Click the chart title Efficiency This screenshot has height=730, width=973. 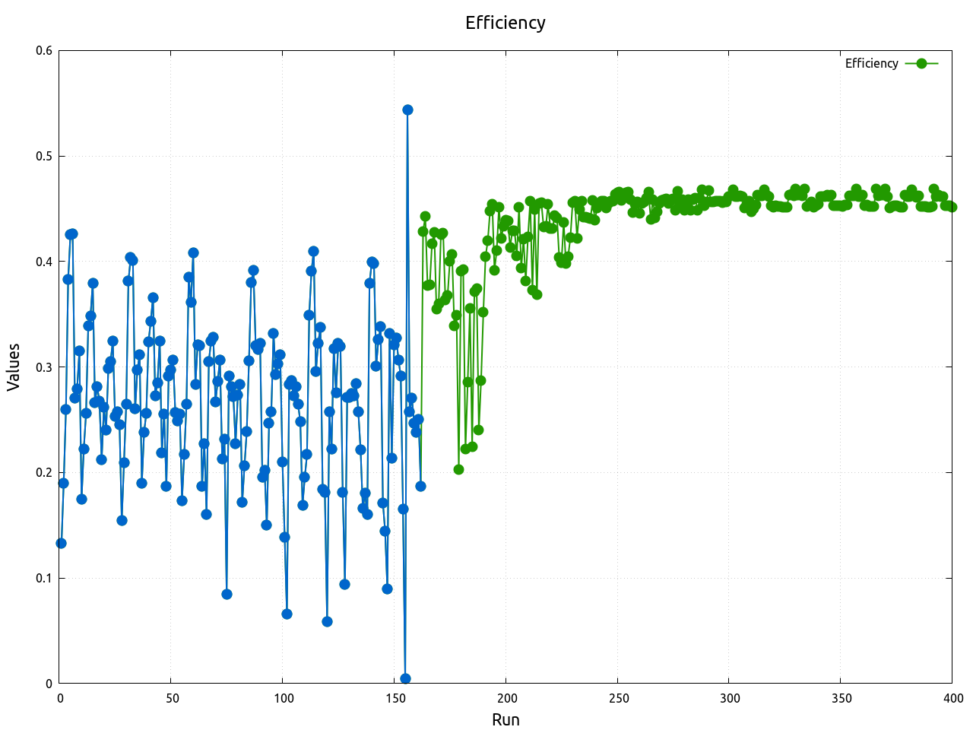pyautogui.click(x=506, y=23)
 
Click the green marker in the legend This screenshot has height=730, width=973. pyautogui.click(x=921, y=63)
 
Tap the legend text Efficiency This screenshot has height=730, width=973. pyautogui.click(x=871, y=63)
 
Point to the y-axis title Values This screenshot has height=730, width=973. pyautogui.click(x=14, y=367)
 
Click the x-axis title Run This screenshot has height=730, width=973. pyautogui.click(x=506, y=719)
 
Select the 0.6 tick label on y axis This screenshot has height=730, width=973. pyautogui.click(x=44, y=51)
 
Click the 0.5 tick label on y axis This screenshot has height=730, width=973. pyautogui.click(x=44, y=157)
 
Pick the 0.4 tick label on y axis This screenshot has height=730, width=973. pyautogui.click(x=44, y=262)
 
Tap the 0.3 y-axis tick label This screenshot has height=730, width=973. pyautogui.click(x=44, y=367)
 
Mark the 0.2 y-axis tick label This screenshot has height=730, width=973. pyautogui.click(x=44, y=472)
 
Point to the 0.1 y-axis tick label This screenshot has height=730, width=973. pyautogui.click(x=44, y=578)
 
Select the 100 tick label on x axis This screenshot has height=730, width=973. pyautogui.click(x=283, y=698)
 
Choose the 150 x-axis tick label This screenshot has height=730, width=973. pyautogui.click(x=395, y=698)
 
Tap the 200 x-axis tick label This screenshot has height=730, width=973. pyautogui.click(x=506, y=698)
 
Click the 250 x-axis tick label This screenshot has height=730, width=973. pyautogui.click(x=617, y=698)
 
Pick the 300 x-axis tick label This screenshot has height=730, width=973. pyautogui.click(x=729, y=698)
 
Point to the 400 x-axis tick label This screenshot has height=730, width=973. pyautogui.click(x=952, y=698)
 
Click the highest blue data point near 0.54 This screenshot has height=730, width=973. pyautogui.click(x=407, y=109)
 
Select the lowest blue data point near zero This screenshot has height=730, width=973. pyautogui.click(x=405, y=678)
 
